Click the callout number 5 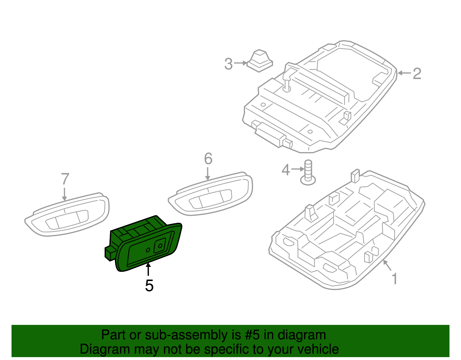click(149, 286)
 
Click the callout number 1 click(394, 279)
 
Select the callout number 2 click(417, 74)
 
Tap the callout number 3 click(228, 64)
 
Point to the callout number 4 click(286, 170)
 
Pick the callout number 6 click(208, 159)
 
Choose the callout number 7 click(65, 179)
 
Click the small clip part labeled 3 click(260, 61)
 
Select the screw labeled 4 click(308, 173)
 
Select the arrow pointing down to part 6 click(208, 174)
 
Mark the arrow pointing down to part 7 click(65, 194)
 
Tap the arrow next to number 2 click(404, 73)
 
